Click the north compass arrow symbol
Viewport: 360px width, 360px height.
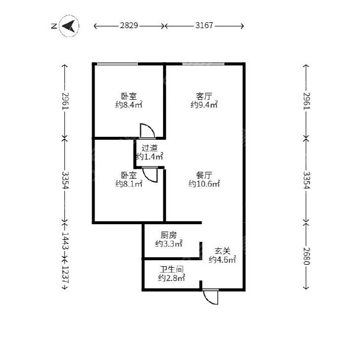pos(69,26)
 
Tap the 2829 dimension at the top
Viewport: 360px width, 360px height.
pos(129,25)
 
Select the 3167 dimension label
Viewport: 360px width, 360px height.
pos(204,25)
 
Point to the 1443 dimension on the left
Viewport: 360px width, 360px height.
pos(66,241)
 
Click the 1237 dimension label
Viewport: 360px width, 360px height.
pos(66,275)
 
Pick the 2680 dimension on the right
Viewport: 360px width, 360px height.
pos(307,256)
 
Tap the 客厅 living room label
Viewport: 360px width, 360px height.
pos(204,96)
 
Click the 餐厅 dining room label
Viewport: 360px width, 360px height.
pos(204,175)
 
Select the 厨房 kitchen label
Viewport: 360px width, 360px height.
pos(168,235)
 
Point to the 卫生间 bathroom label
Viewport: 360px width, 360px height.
pos(171,269)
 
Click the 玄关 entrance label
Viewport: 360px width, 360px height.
pos(222,251)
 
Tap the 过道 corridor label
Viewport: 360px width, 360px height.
pos(150,148)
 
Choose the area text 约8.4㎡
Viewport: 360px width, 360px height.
pos(129,105)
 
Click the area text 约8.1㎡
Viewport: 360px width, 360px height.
pos(129,184)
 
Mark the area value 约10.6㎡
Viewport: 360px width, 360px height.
pos(204,184)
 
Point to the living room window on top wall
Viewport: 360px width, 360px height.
pos(203,64)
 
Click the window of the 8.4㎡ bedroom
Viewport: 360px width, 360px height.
pos(118,64)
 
